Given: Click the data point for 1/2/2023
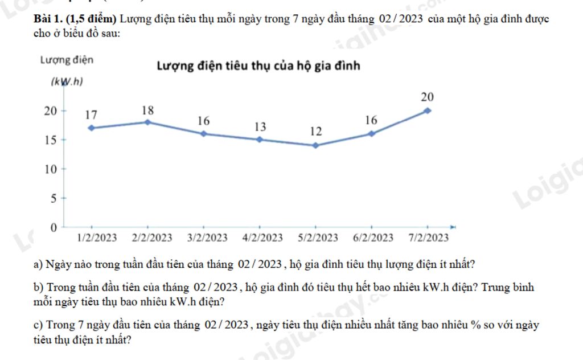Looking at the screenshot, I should coord(91,128).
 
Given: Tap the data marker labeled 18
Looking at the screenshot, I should coord(147,122).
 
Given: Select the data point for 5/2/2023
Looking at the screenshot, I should coord(315,145).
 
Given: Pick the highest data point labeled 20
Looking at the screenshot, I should coord(428,111).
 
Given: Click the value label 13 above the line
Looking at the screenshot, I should coord(260,126).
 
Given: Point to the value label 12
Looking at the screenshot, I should coord(315,132).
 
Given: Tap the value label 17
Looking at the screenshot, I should coord(91,114).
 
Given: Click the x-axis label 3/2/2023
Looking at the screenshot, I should coord(207,238).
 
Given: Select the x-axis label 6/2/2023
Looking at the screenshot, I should coord(373,238).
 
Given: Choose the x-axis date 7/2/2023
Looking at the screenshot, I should coord(428,238).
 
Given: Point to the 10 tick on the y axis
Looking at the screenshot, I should coord(52,169).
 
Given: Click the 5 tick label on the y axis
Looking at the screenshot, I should coord(55,199).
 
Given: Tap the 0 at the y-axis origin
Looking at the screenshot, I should coord(54,228).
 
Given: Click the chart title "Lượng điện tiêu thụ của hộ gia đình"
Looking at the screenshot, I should coord(258,66).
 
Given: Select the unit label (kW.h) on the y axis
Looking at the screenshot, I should coord(67,82).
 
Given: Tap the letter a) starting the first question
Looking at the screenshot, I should coord(39,264).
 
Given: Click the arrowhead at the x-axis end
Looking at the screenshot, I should coord(453,226).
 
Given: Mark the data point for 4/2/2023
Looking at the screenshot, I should coord(260,140).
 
